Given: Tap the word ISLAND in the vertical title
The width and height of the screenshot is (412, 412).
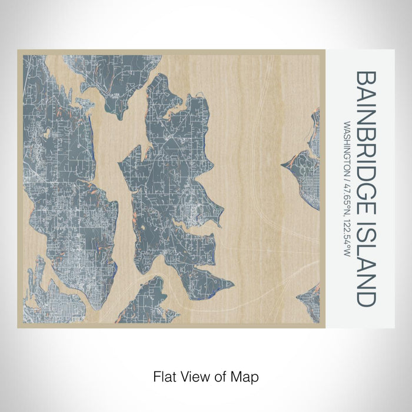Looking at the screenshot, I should click(x=366, y=265).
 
